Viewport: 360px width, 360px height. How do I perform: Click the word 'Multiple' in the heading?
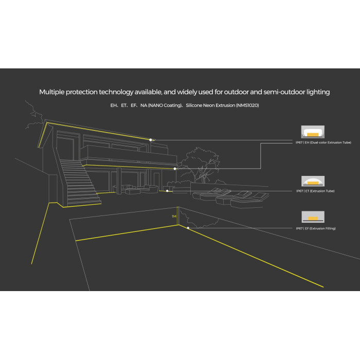51,92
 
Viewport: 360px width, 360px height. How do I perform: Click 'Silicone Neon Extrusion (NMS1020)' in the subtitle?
222,105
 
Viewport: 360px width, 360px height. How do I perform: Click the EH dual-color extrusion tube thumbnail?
313,132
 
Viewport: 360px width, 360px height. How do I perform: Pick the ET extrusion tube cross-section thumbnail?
313,181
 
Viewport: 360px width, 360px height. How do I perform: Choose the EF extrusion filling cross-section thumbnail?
313,217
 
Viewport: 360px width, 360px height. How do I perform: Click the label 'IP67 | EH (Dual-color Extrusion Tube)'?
323,142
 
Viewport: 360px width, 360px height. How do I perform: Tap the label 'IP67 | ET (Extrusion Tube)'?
315,191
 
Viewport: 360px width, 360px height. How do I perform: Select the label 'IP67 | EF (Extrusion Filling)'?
316,228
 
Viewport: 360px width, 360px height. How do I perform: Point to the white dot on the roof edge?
150,140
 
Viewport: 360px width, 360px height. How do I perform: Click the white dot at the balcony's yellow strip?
175,169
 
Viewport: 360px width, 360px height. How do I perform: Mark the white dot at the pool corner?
188,228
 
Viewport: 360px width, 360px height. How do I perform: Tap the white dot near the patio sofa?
167,191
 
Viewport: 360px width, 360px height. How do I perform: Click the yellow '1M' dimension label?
174,217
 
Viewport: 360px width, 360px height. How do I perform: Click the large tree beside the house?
200,165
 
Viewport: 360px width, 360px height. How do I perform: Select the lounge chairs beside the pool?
231,198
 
